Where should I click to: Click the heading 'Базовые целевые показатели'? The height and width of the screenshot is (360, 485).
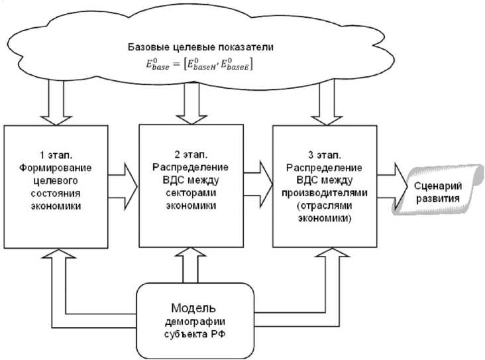coord(196,48)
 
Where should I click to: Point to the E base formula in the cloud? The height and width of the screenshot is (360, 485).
coord(196,66)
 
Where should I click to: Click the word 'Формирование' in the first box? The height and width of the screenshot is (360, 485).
coord(56,168)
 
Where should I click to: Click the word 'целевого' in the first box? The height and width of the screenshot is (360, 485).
coord(56,180)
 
